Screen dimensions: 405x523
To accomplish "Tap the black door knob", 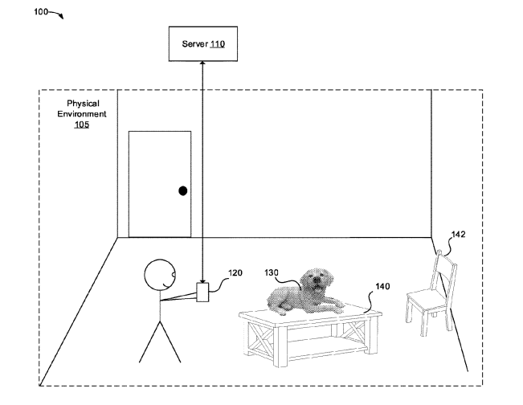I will [183, 191].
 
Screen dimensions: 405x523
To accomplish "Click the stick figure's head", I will [158, 276].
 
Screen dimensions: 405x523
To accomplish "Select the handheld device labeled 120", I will [203, 292].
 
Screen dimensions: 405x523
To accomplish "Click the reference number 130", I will [272, 272].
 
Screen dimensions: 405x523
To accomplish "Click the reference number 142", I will [458, 235].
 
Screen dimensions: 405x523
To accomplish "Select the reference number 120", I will [235, 273].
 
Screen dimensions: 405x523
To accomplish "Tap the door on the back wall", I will [160, 184].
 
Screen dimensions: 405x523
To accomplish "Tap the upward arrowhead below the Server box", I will [203, 66].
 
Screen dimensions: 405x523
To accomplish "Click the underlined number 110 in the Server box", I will [219, 44].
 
